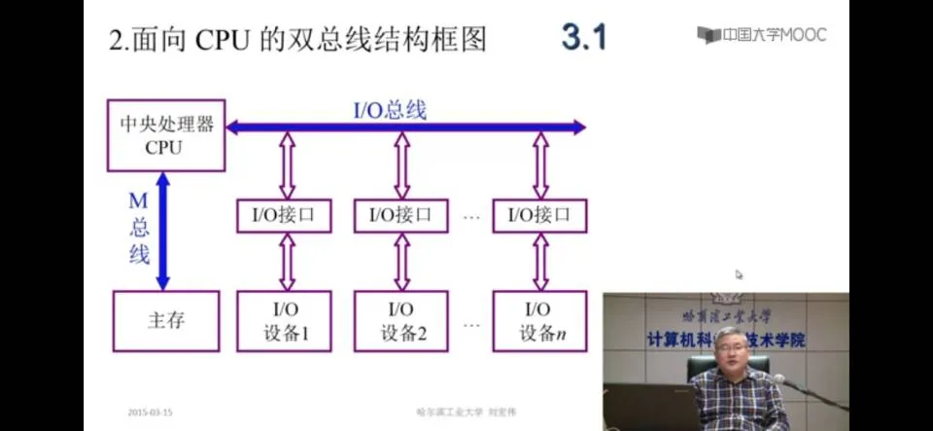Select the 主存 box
coord(166,320)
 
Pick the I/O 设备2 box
coord(402,320)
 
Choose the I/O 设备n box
coord(540,320)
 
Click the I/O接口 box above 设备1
coord(285,215)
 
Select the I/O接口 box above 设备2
coord(401,215)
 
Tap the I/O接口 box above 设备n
coord(540,215)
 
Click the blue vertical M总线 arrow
coord(163,231)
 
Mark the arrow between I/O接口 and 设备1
coord(287,262)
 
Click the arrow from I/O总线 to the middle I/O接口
coord(402,165)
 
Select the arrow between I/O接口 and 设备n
coord(540,262)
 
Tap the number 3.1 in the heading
coord(583,37)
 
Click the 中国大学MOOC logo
coord(761,34)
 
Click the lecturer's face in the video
coord(730,347)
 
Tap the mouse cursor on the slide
coord(740,275)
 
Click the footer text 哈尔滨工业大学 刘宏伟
coord(455,412)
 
